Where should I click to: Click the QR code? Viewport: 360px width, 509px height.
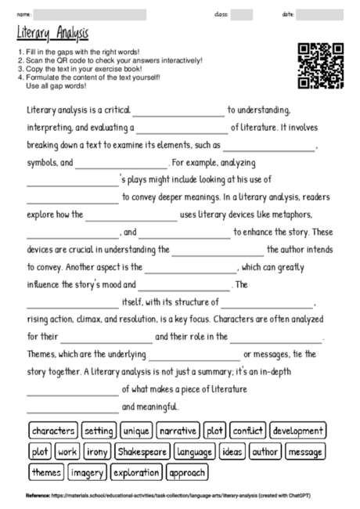pyautogui.click(x=321, y=66)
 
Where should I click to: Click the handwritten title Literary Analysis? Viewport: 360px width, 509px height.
pyautogui.click(x=52, y=34)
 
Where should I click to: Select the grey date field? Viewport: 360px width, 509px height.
pyautogui.click(x=319, y=15)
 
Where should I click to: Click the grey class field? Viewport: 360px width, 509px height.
pyautogui.click(x=242, y=15)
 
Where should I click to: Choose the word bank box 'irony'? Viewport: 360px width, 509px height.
pyautogui.click(x=97, y=452)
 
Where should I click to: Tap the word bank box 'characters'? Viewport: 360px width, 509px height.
pyautogui.click(x=54, y=431)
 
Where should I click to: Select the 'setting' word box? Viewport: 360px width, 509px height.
pyautogui.click(x=99, y=431)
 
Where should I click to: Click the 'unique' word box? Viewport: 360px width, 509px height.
pyautogui.click(x=137, y=431)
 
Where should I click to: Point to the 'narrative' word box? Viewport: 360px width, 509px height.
pyautogui.click(x=178, y=431)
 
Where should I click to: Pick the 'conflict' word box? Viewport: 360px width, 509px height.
pyautogui.click(x=247, y=431)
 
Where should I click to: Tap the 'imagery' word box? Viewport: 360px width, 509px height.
pyautogui.click(x=88, y=473)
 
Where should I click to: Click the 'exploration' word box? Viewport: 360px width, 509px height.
pyautogui.click(x=135, y=473)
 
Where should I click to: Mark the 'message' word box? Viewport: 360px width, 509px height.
pyautogui.click(x=304, y=452)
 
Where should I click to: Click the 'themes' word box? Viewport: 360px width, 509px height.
pyautogui.click(x=46, y=473)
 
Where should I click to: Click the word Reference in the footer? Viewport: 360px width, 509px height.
pyautogui.click(x=38, y=496)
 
